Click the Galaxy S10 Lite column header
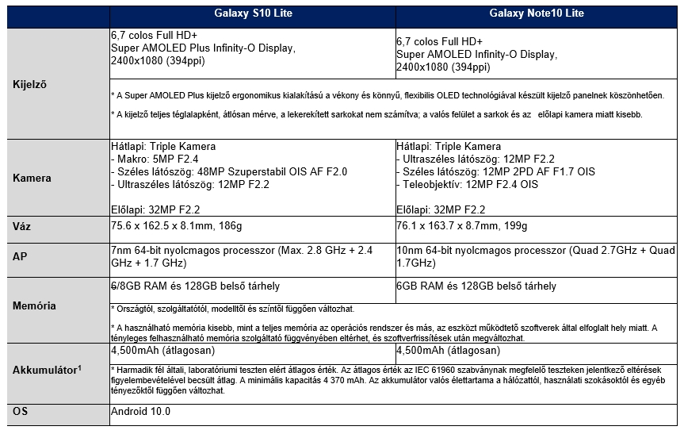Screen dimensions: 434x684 coord(251,13)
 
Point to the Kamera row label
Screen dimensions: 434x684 coord(32,178)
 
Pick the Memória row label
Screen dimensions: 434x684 coord(35,305)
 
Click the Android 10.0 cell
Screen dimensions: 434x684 coord(141,412)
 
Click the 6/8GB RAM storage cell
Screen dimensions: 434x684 coord(195,286)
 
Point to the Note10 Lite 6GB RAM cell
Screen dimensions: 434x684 coord(476,286)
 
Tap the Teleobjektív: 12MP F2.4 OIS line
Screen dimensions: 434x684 coord(468,184)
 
